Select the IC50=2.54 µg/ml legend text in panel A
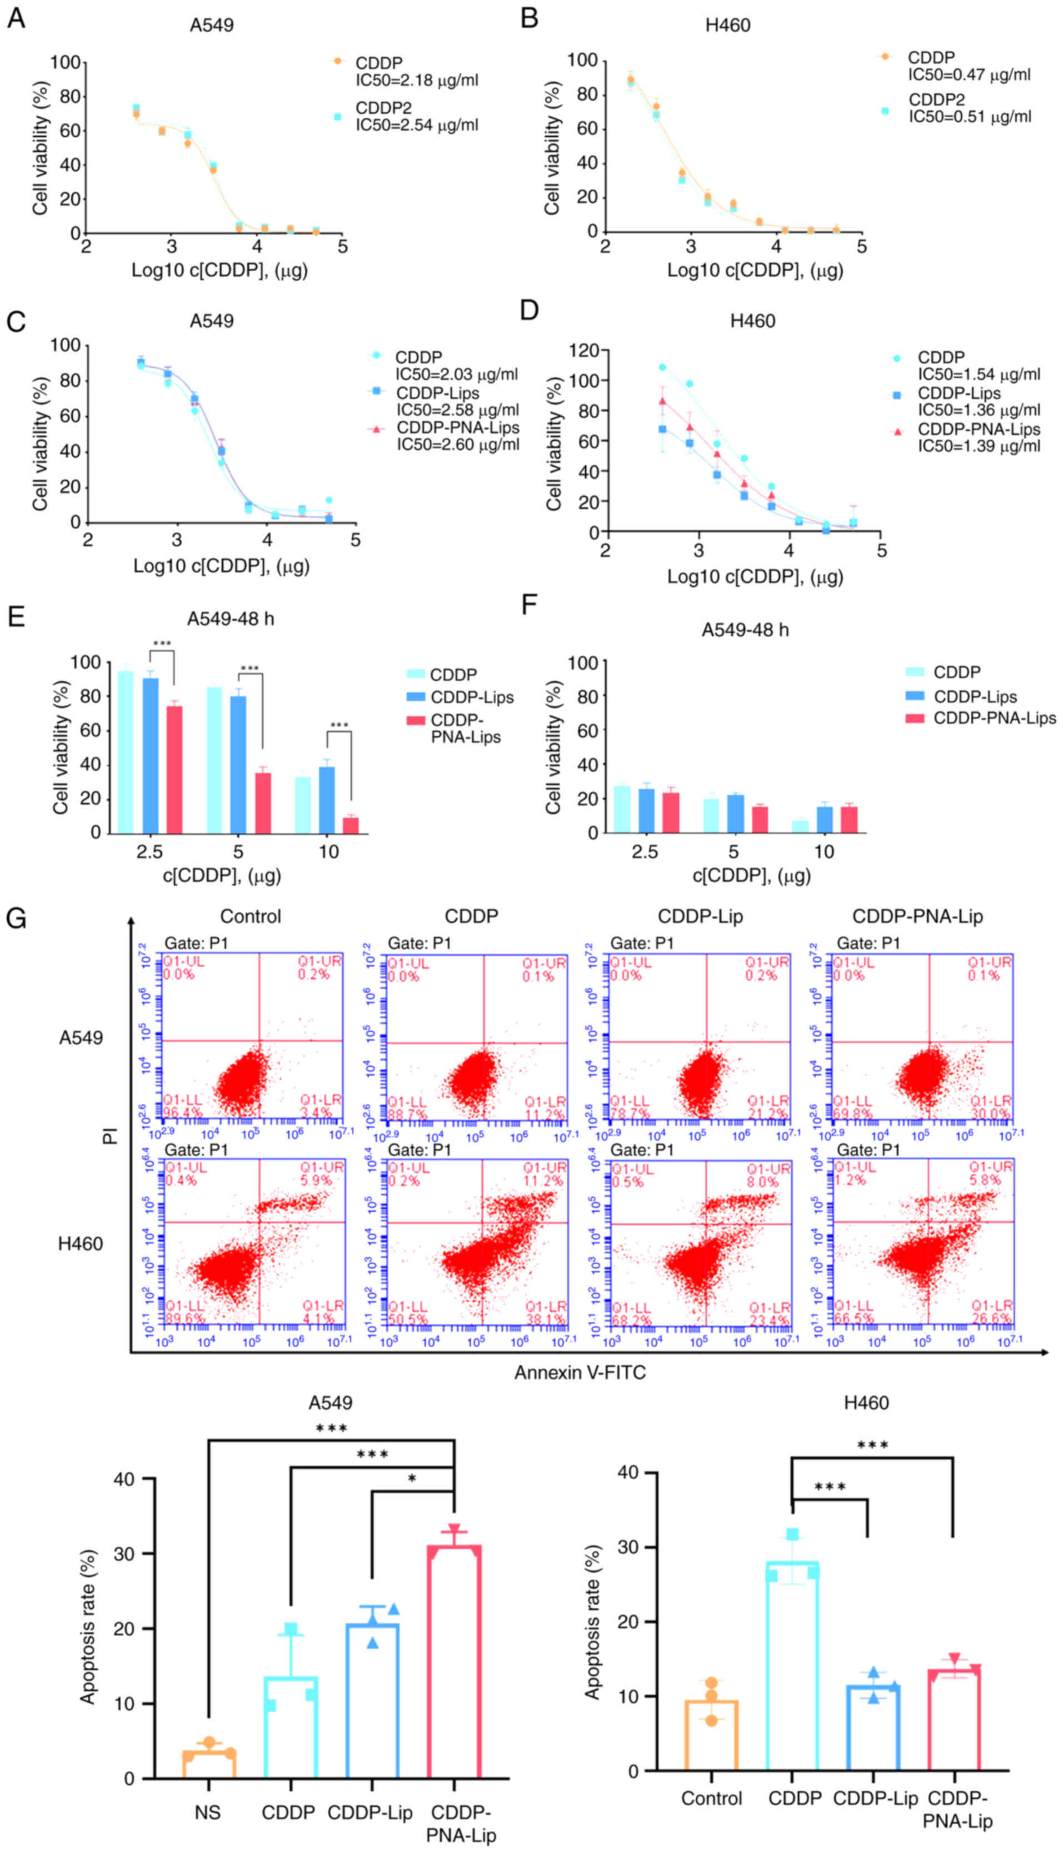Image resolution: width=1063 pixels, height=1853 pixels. (x=417, y=125)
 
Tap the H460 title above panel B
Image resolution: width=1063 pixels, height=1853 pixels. (x=727, y=26)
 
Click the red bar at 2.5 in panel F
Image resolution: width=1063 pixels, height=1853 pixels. (x=671, y=813)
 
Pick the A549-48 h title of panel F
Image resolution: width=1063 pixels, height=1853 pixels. (x=745, y=629)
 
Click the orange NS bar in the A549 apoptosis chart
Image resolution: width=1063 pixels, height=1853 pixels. (x=209, y=1763)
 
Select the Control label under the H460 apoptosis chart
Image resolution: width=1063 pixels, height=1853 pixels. (x=711, y=1797)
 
